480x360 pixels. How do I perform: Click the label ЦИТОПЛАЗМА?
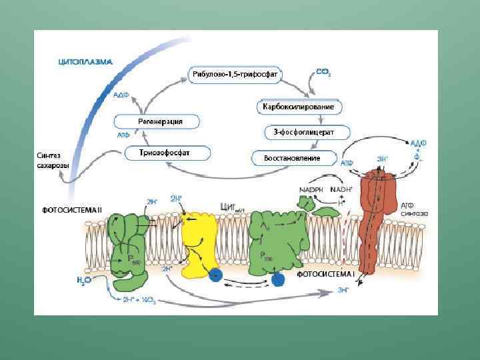click(x=85, y=62)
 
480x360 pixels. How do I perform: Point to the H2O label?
click(x=83, y=280)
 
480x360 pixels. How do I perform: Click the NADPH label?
click(x=312, y=190)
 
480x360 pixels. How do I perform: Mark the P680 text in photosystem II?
click(x=135, y=261)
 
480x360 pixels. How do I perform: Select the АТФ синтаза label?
click(x=414, y=209)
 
